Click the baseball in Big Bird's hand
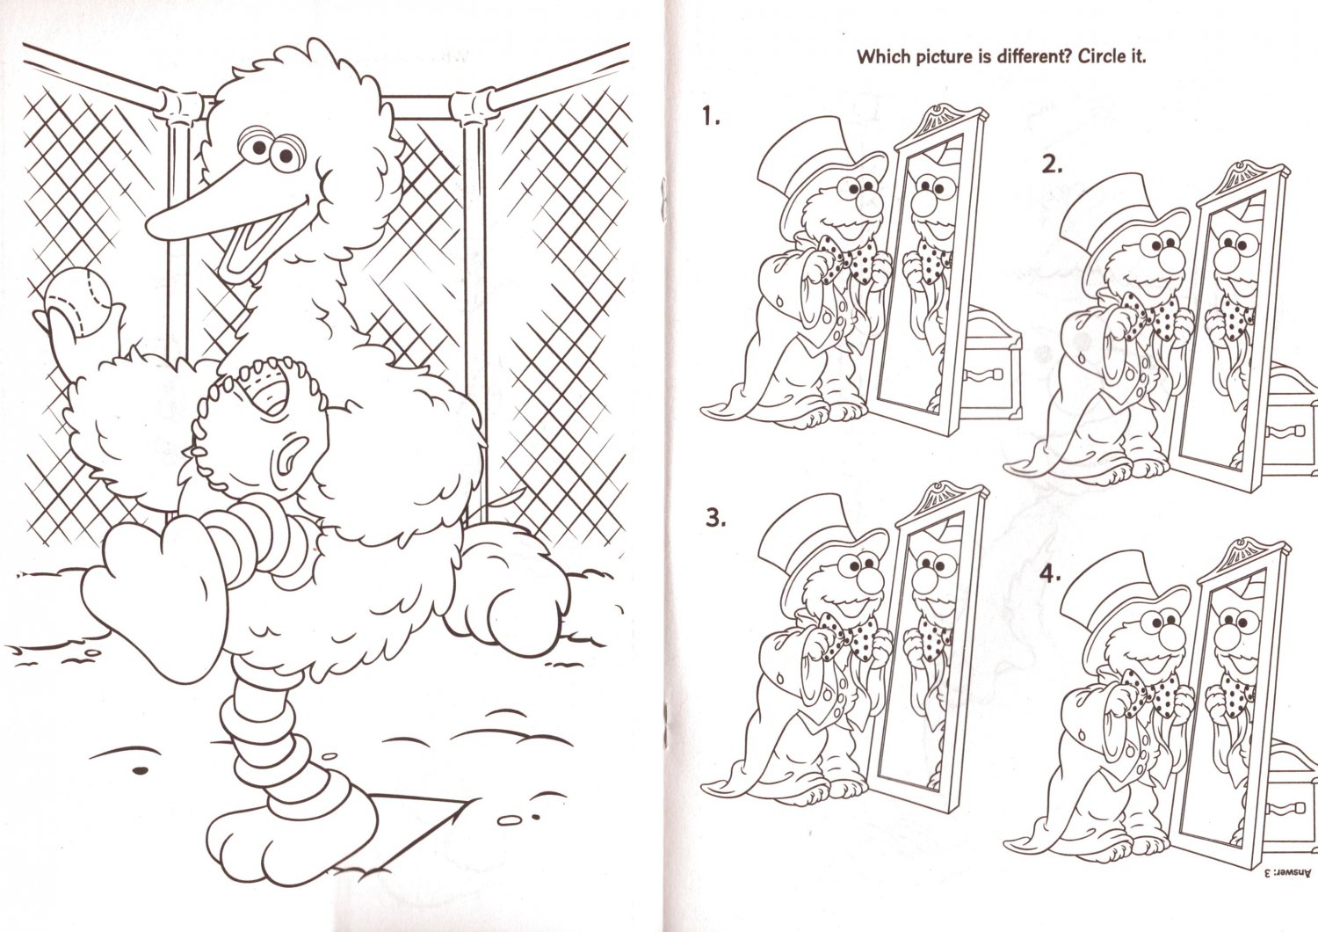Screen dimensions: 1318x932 [79, 302]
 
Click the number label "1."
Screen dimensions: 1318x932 [710, 117]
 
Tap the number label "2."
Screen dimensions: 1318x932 [1052, 165]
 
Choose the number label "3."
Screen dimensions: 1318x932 [715, 518]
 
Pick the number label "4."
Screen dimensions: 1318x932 [1050, 573]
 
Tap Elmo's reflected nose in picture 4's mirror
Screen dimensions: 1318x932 [1223, 639]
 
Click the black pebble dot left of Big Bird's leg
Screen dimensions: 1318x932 [140, 771]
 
